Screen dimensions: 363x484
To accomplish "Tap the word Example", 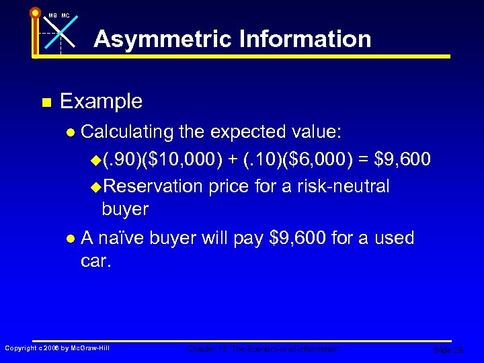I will pos(101,102).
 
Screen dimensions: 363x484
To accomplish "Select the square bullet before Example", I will pos(46,103).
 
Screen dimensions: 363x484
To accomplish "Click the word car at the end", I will pos(95,260).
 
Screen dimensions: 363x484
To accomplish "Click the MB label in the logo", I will pos(52,15).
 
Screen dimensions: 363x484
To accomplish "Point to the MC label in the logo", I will pos(65,15).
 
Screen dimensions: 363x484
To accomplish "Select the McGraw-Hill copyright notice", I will pos(57,348).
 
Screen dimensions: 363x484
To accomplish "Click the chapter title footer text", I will pos(263,349).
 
